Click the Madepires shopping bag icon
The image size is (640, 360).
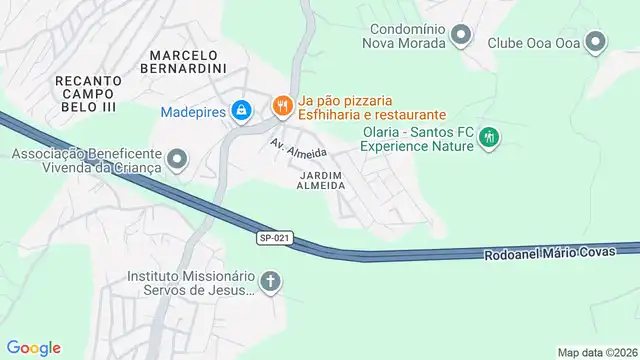click(x=241, y=111)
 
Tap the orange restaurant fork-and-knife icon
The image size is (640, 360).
click(x=283, y=104)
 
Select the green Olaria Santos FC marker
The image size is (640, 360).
click(x=489, y=137)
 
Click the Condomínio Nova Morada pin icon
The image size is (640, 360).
click(x=461, y=38)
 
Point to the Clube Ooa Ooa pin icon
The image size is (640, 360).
click(x=596, y=42)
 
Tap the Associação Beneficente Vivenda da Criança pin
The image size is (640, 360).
click(x=177, y=159)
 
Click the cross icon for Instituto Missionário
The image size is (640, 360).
click(x=270, y=283)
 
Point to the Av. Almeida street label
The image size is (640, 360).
click(x=299, y=152)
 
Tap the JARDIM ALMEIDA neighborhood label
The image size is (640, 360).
click(x=322, y=180)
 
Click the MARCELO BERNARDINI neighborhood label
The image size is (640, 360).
click(x=185, y=61)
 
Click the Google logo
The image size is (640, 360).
click(x=33, y=348)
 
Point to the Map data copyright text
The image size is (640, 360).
click(x=597, y=352)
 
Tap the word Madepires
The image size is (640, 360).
click(x=193, y=111)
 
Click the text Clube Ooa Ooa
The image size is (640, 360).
click(x=533, y=42)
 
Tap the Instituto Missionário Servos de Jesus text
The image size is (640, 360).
click(x=191, y=283)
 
